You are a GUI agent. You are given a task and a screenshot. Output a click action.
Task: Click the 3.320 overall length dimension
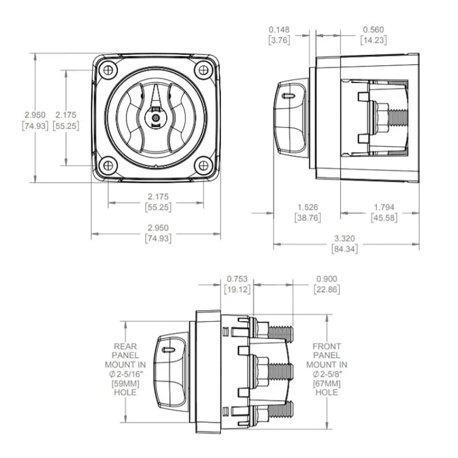tap(345, 239)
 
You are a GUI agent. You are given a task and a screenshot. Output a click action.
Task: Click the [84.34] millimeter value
tap(345, 249)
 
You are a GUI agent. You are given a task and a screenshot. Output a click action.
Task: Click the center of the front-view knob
tap(154, 117)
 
